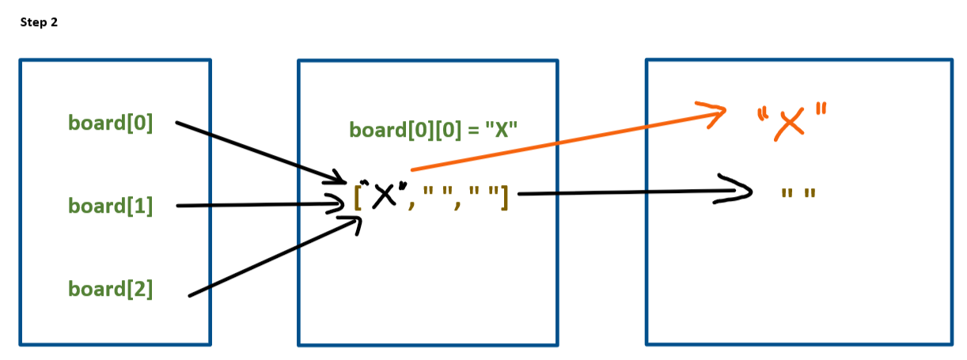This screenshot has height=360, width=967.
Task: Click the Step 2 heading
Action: point(39,23)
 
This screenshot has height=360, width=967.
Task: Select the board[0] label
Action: point(110,123)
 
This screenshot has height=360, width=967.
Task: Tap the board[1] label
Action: point(110,206)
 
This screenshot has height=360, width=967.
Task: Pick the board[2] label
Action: point(110,289)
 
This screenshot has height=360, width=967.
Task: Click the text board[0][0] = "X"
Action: point(433,130)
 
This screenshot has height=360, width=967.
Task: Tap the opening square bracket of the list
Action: point(358,195)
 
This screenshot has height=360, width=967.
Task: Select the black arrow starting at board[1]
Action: point(253,206)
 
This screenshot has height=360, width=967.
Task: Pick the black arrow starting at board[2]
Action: point(269,257)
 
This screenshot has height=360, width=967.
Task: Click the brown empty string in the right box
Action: point(797,192)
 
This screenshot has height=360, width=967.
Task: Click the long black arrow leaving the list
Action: point(617,192)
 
